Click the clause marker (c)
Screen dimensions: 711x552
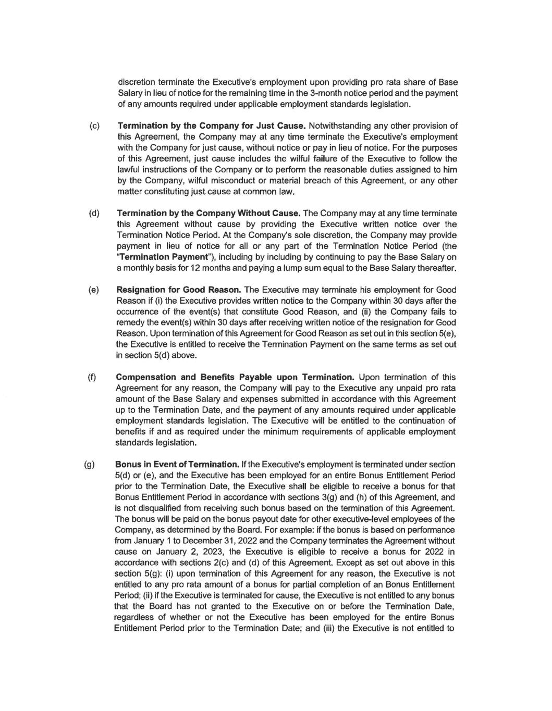(95, 126)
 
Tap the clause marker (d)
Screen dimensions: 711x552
(95, 213)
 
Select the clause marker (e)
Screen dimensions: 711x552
(95, 290)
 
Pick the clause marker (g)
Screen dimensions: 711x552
(89, 464)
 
